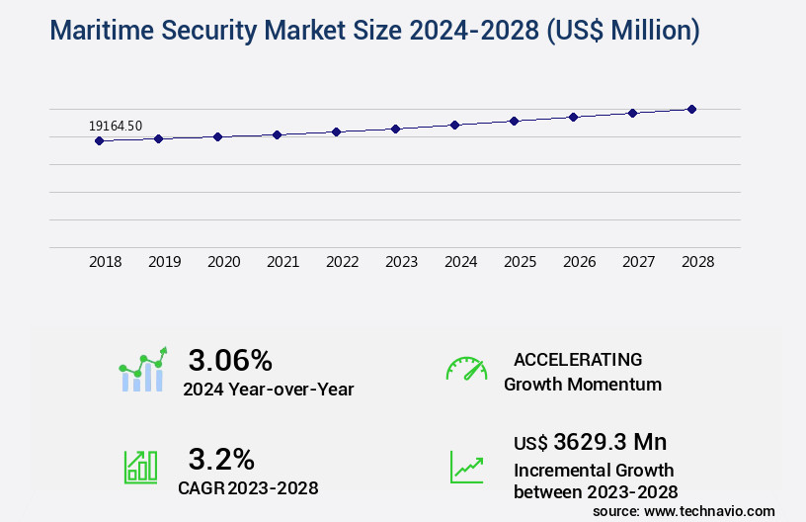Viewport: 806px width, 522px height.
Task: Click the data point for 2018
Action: pyautogui.click(x=99, y=140)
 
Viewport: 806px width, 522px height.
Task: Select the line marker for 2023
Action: pyautogui.click(x=395, y=129)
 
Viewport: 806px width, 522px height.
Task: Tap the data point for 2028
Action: pyautogui.click(x=691, y=109)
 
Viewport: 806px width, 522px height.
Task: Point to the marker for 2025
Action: pyautogui.click(x=514, y=121)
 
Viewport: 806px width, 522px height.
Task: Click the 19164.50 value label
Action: pyautogui.click(x=116, y=126)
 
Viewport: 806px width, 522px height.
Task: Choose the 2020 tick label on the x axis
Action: pyautogui.click(x=224, y=262)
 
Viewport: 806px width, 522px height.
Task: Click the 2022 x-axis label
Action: pyautogui.click(x=343, y=262)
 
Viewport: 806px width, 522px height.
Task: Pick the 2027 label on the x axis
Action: pyautogui.click(x=639, y=262)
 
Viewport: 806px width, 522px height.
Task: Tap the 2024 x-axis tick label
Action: pyautogui.click(x=461, y=262)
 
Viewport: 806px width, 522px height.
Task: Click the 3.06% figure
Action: pyautogui.click(x=230, y=360)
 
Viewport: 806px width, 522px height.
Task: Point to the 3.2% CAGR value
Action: pyautogui.click(x=221, y=459)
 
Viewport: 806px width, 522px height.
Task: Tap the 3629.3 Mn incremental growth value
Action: pyautogui.click(x=609, y=441)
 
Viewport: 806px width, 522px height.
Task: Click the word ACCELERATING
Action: pyautogui.click(x=578, y=359)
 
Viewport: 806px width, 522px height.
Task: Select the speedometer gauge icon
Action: pyautogui.click(x=466, y=369)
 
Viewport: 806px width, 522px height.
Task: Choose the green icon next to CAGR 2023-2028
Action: pyautogui.click(x=140, y=467)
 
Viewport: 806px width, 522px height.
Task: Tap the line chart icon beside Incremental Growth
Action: pyautogui.click(x=466, y=467)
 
